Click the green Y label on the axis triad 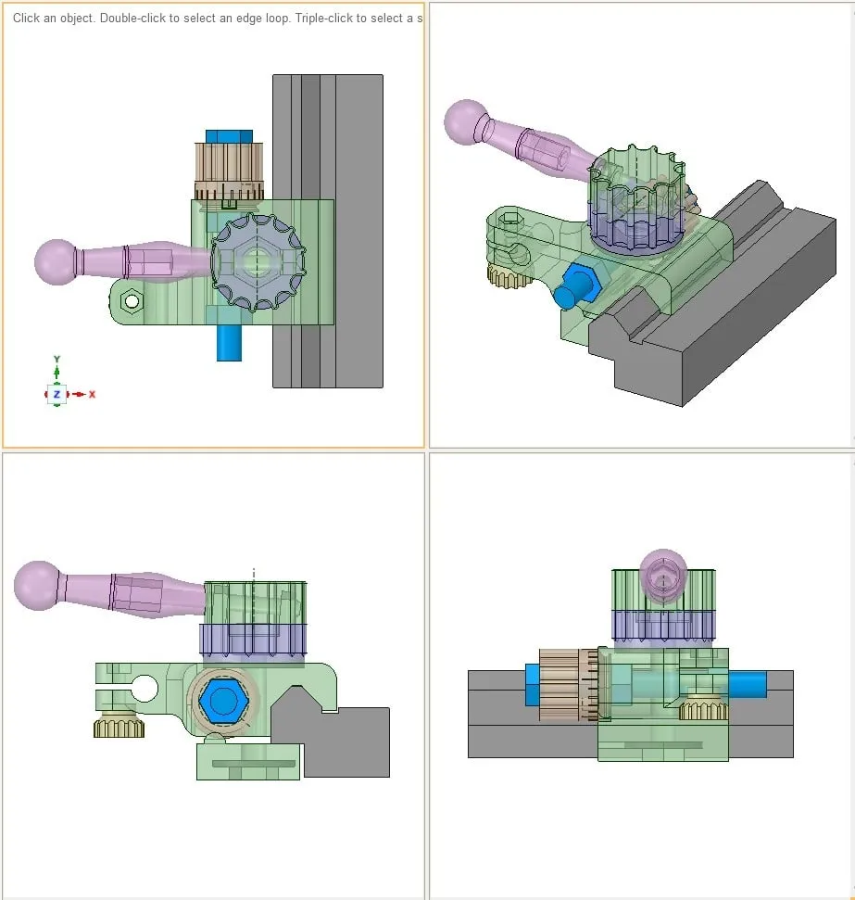(x=57, y=359)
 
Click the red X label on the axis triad (x=93, y=395)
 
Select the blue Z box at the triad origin (x=57, y=395)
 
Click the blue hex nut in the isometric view (x=580, y=280)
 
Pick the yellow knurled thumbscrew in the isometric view (x=507, y=276)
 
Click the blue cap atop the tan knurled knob (x=229, y=135)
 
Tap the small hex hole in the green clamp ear (x=132, y=300)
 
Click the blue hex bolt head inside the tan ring (x=221, y=700)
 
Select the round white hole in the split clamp (x=145, y=689)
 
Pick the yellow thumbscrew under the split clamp (x=119, y=728)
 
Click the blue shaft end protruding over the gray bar (x=748, y=685)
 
